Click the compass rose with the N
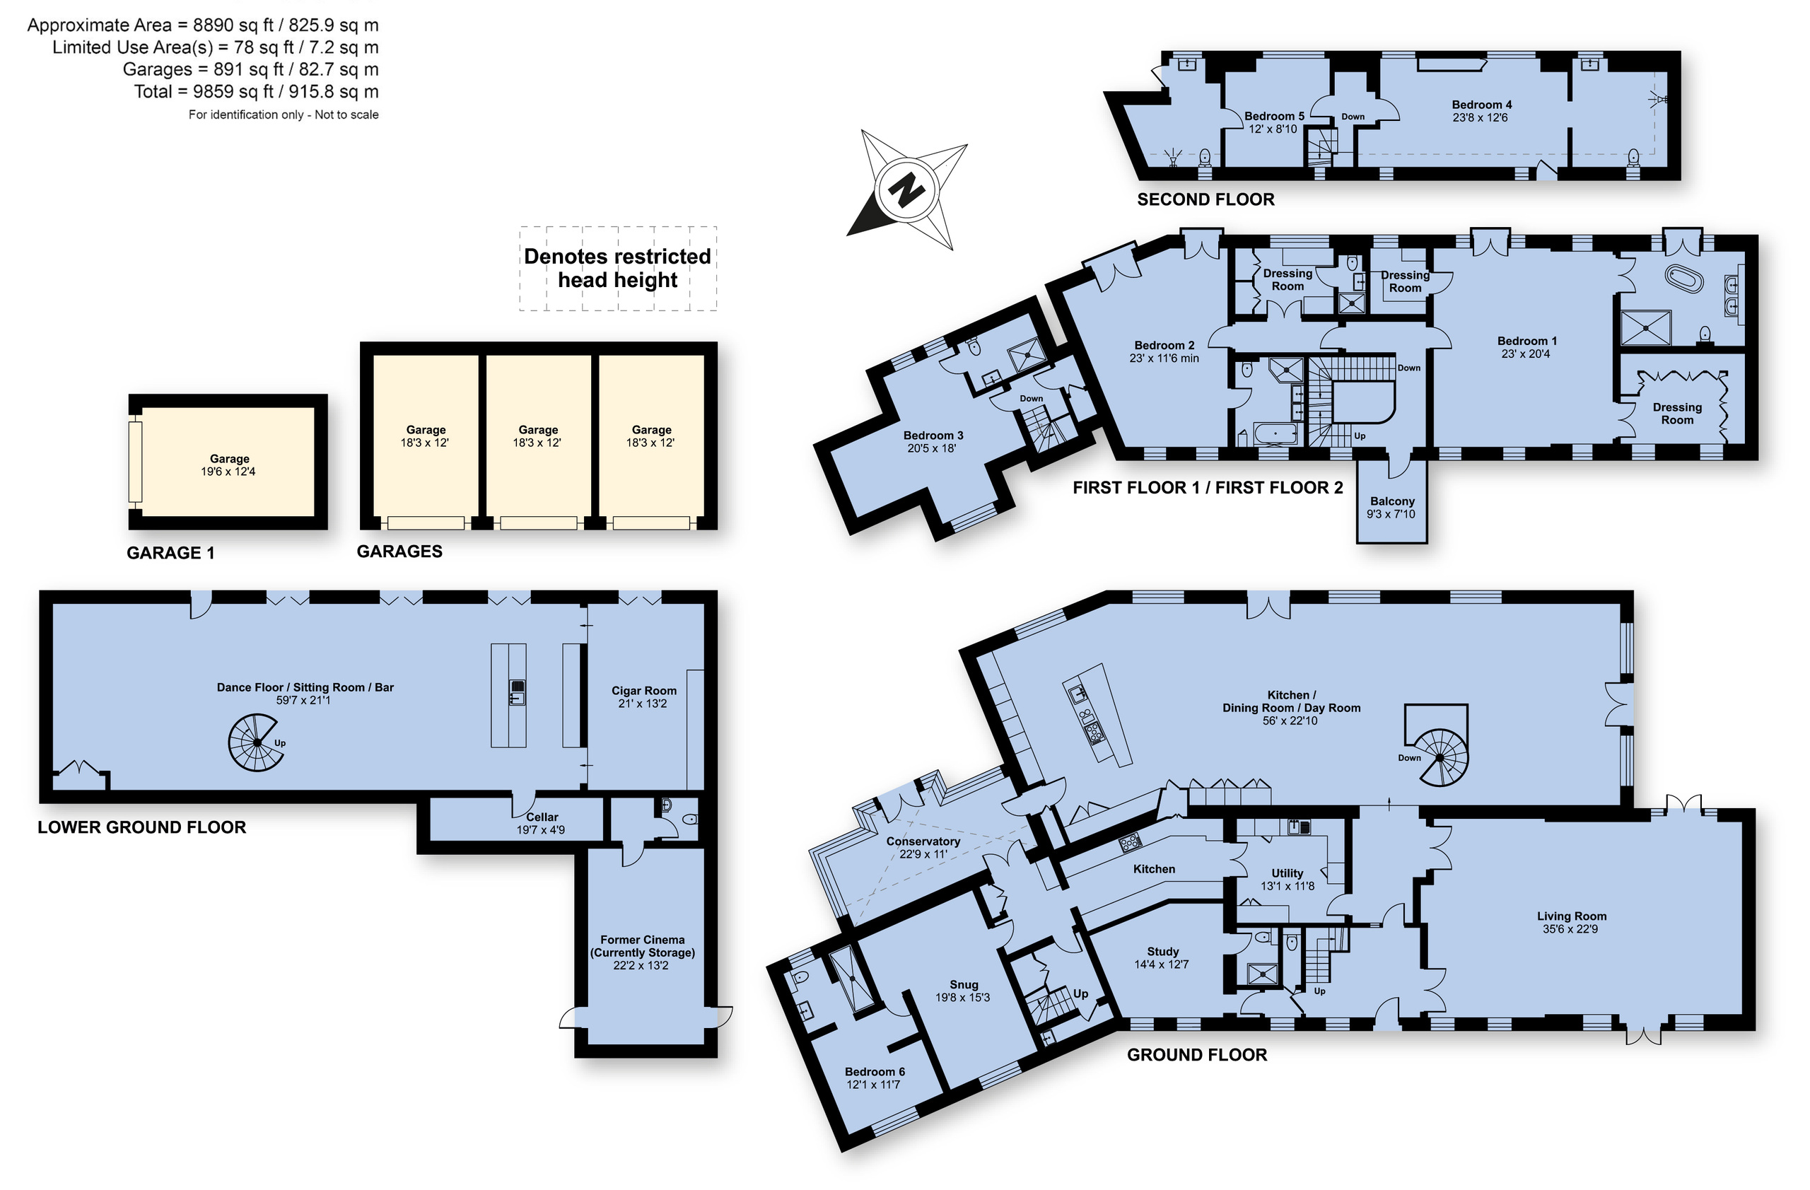(x=906, y=189)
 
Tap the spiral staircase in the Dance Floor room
(x=256, y=743)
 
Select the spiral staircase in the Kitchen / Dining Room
(x=1438, y=757)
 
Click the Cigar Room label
(x=644, y=690)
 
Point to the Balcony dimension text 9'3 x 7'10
(x=1391, y=514)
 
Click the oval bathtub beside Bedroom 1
(x=1685, y=279)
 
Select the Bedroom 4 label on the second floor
(x=1481, y=105)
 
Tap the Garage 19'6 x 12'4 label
(x=229, y=465)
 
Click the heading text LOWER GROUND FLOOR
(x=142, y=827)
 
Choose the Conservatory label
(x=923, y=841)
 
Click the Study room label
(x=1163, y=951)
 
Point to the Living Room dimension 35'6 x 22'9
(x=1571, y=929)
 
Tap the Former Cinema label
(x=643, y=940)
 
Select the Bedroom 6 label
(x=875, y=1071)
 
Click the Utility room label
(x=1288, y=873)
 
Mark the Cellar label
(x=542, y=817)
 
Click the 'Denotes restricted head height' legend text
(x=617, y=268)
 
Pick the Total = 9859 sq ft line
(x=256, y=91)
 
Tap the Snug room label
(x=964, y=984)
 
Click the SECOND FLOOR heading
(x=1205, y=199)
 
